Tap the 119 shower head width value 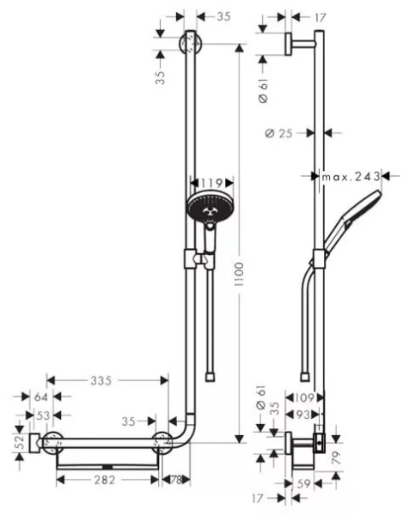(211, 183)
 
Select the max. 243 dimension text (351, 177)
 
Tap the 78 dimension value (175, 481)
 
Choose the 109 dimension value (298, 397)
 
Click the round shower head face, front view (205, 209)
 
